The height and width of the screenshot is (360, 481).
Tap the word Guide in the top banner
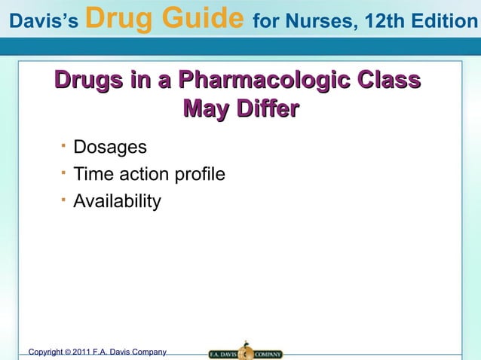202,17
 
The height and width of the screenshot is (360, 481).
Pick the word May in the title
204,110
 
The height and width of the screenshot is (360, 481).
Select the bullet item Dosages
110,147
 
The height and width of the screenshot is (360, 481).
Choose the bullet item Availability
117,202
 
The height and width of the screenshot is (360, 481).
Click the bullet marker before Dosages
65,143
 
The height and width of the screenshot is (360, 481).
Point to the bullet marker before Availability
65,198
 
